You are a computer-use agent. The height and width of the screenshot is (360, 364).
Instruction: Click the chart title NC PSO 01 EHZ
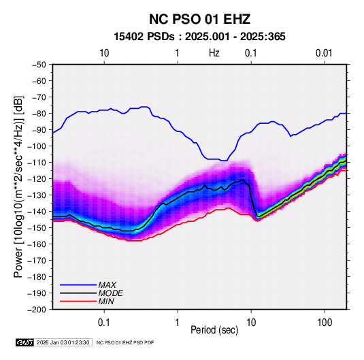(x=199, y=19)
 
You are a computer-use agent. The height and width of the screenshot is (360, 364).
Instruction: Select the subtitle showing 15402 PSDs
(x=199, y=37)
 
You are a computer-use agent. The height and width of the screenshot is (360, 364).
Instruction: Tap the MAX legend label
(x=107, y=284)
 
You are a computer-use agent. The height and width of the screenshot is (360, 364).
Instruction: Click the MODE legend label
(x=110, y=293)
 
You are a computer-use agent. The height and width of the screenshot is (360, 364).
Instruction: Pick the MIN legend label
(x=106, y=301)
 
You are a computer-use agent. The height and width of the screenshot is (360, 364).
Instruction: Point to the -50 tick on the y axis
(x=39, y=65)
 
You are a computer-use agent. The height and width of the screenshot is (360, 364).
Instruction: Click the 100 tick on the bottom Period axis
(x=325, y=323)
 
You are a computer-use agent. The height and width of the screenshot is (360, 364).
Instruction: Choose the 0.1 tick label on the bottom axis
(x=104, y=323)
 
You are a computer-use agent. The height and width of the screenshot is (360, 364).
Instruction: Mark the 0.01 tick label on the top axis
(x=324, y=53)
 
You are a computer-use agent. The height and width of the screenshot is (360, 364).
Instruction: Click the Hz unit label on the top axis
(x=214, y=53)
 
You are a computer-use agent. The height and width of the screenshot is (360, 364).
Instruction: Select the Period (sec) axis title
(x=214, y=330)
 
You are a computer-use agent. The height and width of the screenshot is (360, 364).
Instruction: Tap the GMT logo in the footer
(x=25, y=342)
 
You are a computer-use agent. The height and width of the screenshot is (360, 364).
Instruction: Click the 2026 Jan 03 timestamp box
(x=63, y=342)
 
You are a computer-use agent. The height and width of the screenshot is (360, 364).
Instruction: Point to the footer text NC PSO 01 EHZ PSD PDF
(x=125, y=342)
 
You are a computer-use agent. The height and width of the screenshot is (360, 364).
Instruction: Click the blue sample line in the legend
(x=78, y=284)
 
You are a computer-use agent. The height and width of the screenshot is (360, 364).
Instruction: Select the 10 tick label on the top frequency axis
(x=104, y=53)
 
